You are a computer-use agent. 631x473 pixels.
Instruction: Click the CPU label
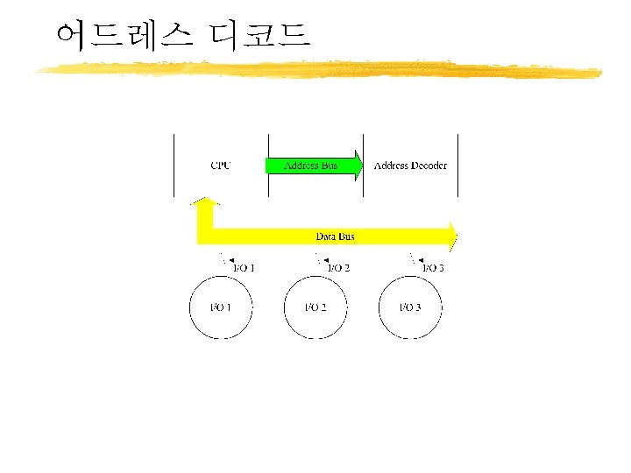coord(221,166)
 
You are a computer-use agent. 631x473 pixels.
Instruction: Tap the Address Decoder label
coord(410,166)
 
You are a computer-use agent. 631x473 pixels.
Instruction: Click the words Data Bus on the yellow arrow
coord(336,236)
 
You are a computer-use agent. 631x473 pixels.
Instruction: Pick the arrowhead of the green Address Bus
coord(357,166)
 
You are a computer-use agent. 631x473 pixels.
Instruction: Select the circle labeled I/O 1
coord(221,307)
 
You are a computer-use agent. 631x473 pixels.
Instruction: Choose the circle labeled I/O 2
coord(315,307)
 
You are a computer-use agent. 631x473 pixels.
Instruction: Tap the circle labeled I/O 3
coord(410,307)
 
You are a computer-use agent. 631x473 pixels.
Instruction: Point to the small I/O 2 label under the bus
coord(338,268)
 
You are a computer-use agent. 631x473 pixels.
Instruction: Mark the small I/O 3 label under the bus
coord(433,268)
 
